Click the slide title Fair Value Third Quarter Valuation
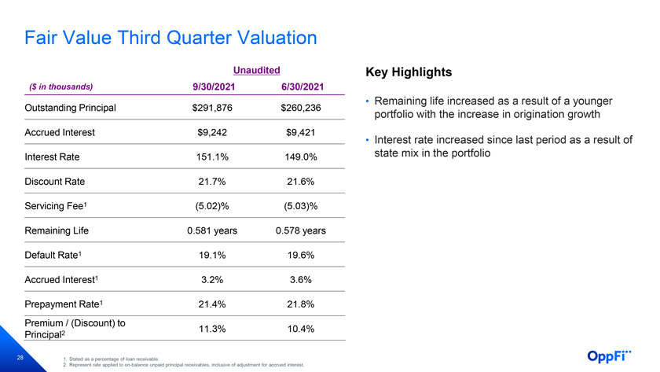[x=170, y=38]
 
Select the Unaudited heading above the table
[x=256, y=70]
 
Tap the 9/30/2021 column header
[x=214, y=87]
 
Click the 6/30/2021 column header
[x=302, y=87]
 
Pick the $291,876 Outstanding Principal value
[x=212, y=108]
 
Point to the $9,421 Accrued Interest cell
[x=300, y=133]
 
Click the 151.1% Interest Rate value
[x=212, y=157]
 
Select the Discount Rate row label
[x=55, y=182]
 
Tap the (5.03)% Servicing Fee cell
[x=300, y=206]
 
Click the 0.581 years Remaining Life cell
[x=212, y=231]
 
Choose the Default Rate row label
[x=53, y=256]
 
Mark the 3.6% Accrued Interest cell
[x=300, y=280]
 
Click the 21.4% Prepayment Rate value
[x=212, y=304]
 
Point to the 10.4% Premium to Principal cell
[x=300, y=329]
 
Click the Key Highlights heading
[x=409, y=72]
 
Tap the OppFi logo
[x=609, y=356]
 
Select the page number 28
[x=20, y=358]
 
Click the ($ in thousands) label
[x=60, y=87]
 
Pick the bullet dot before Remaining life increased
[x=367, y=101]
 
